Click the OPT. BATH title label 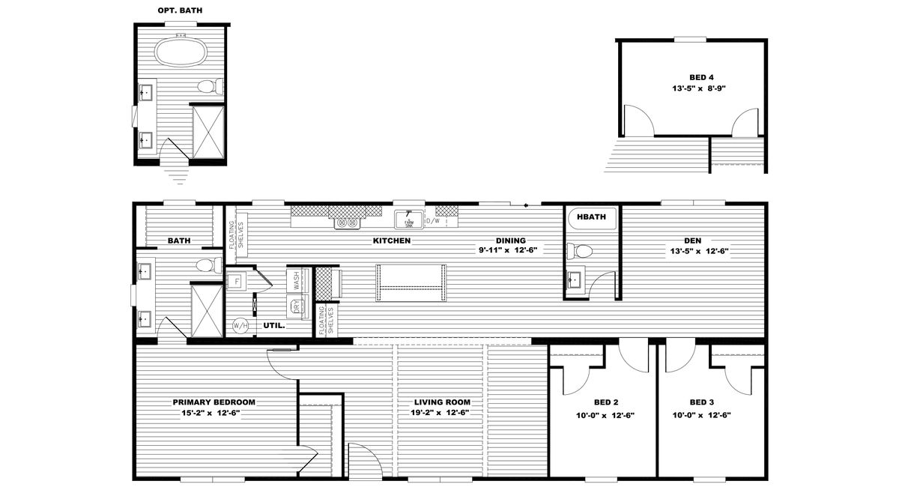(179, 10)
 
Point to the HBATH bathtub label (592, 218)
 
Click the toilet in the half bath (581, 250)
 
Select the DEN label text (692, 241)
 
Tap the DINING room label (509, 241)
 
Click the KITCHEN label (392, 241)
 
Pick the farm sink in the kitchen (409, 220)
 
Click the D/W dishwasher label (432, 221)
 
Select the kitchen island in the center (411, 282)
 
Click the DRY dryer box (297, 306)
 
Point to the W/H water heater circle (240, 326)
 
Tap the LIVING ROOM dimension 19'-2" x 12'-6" (440, 413)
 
